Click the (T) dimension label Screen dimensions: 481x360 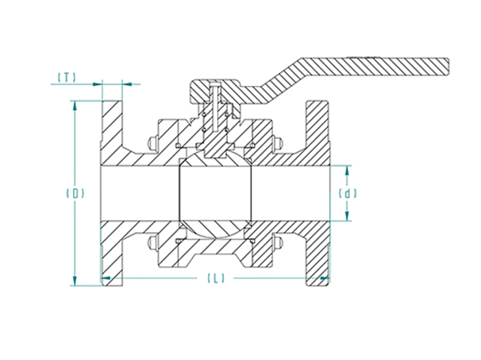(67, 77)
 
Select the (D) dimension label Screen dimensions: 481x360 (76, 193)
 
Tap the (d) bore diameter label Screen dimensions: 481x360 (348, 193)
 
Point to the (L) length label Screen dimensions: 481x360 (216, 278)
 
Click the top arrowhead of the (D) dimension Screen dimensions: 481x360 (74, 106)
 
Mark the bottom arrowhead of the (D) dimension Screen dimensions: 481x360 (75, 281)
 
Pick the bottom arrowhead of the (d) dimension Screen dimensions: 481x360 (347, 216)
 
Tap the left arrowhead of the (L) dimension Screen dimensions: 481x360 (106, 278)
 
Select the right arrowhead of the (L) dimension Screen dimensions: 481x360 (325, 278)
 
